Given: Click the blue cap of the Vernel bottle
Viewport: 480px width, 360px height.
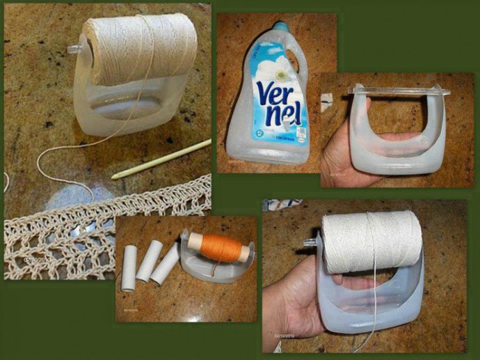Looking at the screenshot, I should pyautogui.click(x=280, y=26).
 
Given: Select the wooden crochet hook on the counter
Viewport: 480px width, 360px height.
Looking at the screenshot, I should pyautogui.click(x=161, y=159).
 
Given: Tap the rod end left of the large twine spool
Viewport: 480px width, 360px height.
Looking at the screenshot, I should pyautogui.click(x=74, y=49).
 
